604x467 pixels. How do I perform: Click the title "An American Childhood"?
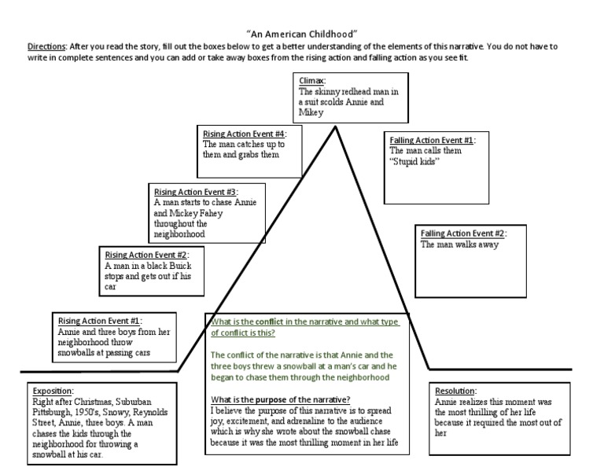(x=303, y=33)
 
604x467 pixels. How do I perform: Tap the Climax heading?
(x=312, y=80)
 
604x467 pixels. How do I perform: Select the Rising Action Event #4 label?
(x=244, y=134)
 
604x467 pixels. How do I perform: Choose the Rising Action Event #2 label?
(x=146, y=255)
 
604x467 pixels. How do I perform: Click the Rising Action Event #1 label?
(x=99, y=321)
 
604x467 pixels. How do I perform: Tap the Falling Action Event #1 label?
(x=432, y=140)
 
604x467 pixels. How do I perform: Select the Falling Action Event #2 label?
(x=462, y=233)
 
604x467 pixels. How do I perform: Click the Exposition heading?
(x=53, y=390)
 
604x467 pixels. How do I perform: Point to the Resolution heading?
(x=458, y=390)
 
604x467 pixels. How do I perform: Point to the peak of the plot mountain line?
(x=337, y=127)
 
